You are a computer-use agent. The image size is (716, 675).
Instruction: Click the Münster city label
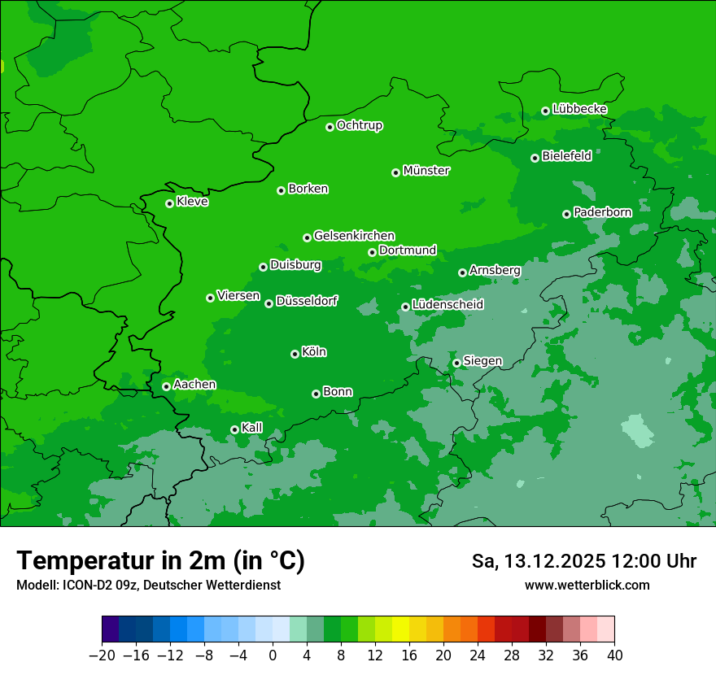pos(426,171)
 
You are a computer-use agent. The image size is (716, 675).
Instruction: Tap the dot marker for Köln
pos(295,354)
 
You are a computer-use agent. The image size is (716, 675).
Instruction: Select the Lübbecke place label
pos(579,109)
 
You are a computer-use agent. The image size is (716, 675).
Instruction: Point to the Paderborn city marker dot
pos(566,214)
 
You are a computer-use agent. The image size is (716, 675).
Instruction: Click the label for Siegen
pos(482,361)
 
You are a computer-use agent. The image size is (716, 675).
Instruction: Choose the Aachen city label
pos(194,385)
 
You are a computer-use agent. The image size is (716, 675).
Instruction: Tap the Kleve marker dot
pos(169,203)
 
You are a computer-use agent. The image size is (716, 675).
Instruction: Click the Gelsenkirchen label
pos(354,236)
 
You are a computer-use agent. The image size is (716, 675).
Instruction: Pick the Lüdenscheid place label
pos(447,305)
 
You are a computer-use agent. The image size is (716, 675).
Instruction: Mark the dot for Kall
pos(234,429)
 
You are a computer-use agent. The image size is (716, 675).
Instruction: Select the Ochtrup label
pos(360,125)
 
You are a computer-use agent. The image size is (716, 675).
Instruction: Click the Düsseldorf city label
pos(307,302)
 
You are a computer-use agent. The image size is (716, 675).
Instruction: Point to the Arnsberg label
pos(495,271)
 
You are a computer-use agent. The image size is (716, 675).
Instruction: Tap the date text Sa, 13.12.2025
pos(537,561)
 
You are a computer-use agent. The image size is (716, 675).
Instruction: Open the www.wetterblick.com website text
pos(587,585)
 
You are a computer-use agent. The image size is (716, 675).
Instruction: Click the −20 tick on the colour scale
pos(102,655)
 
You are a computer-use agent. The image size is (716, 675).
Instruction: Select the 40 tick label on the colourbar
pos(614,655)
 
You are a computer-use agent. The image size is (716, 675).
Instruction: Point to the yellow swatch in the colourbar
pos(400,629)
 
